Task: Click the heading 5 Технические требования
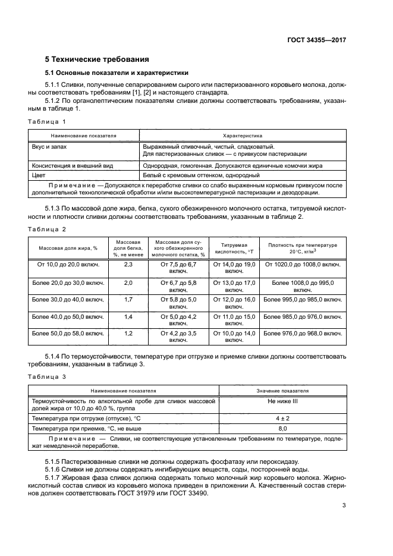click(x=97, y=59)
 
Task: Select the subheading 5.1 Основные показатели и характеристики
click(x=117, y=73)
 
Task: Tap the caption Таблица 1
click(x=47, y=121)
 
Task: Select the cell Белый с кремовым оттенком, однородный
click(x=201, y=175)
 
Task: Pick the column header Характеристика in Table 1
click(x=243, y=136)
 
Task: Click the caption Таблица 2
click(x=47, y=229)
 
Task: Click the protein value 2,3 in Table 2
click(x=128, y=264)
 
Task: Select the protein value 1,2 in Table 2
click(x=128, y=334)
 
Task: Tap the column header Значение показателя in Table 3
click(x=282, y=391)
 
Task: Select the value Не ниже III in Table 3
click(x=282, y=402)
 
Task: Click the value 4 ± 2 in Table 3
click(x=282, y=418)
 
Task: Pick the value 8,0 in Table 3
click(x=282, y=428)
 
